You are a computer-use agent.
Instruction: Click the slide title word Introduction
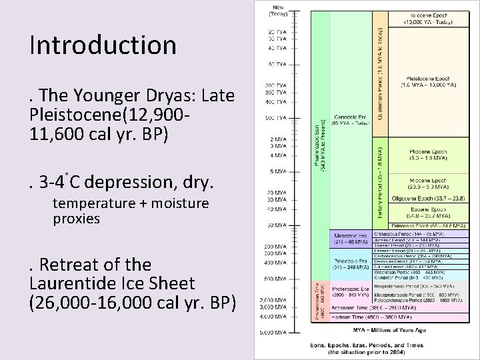[103, 45]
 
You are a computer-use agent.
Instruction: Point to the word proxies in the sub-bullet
[76, 219]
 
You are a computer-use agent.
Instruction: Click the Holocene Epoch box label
[428, 18]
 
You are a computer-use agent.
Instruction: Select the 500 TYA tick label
[276, 119]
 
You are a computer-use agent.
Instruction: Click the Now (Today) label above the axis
[276, 11]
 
